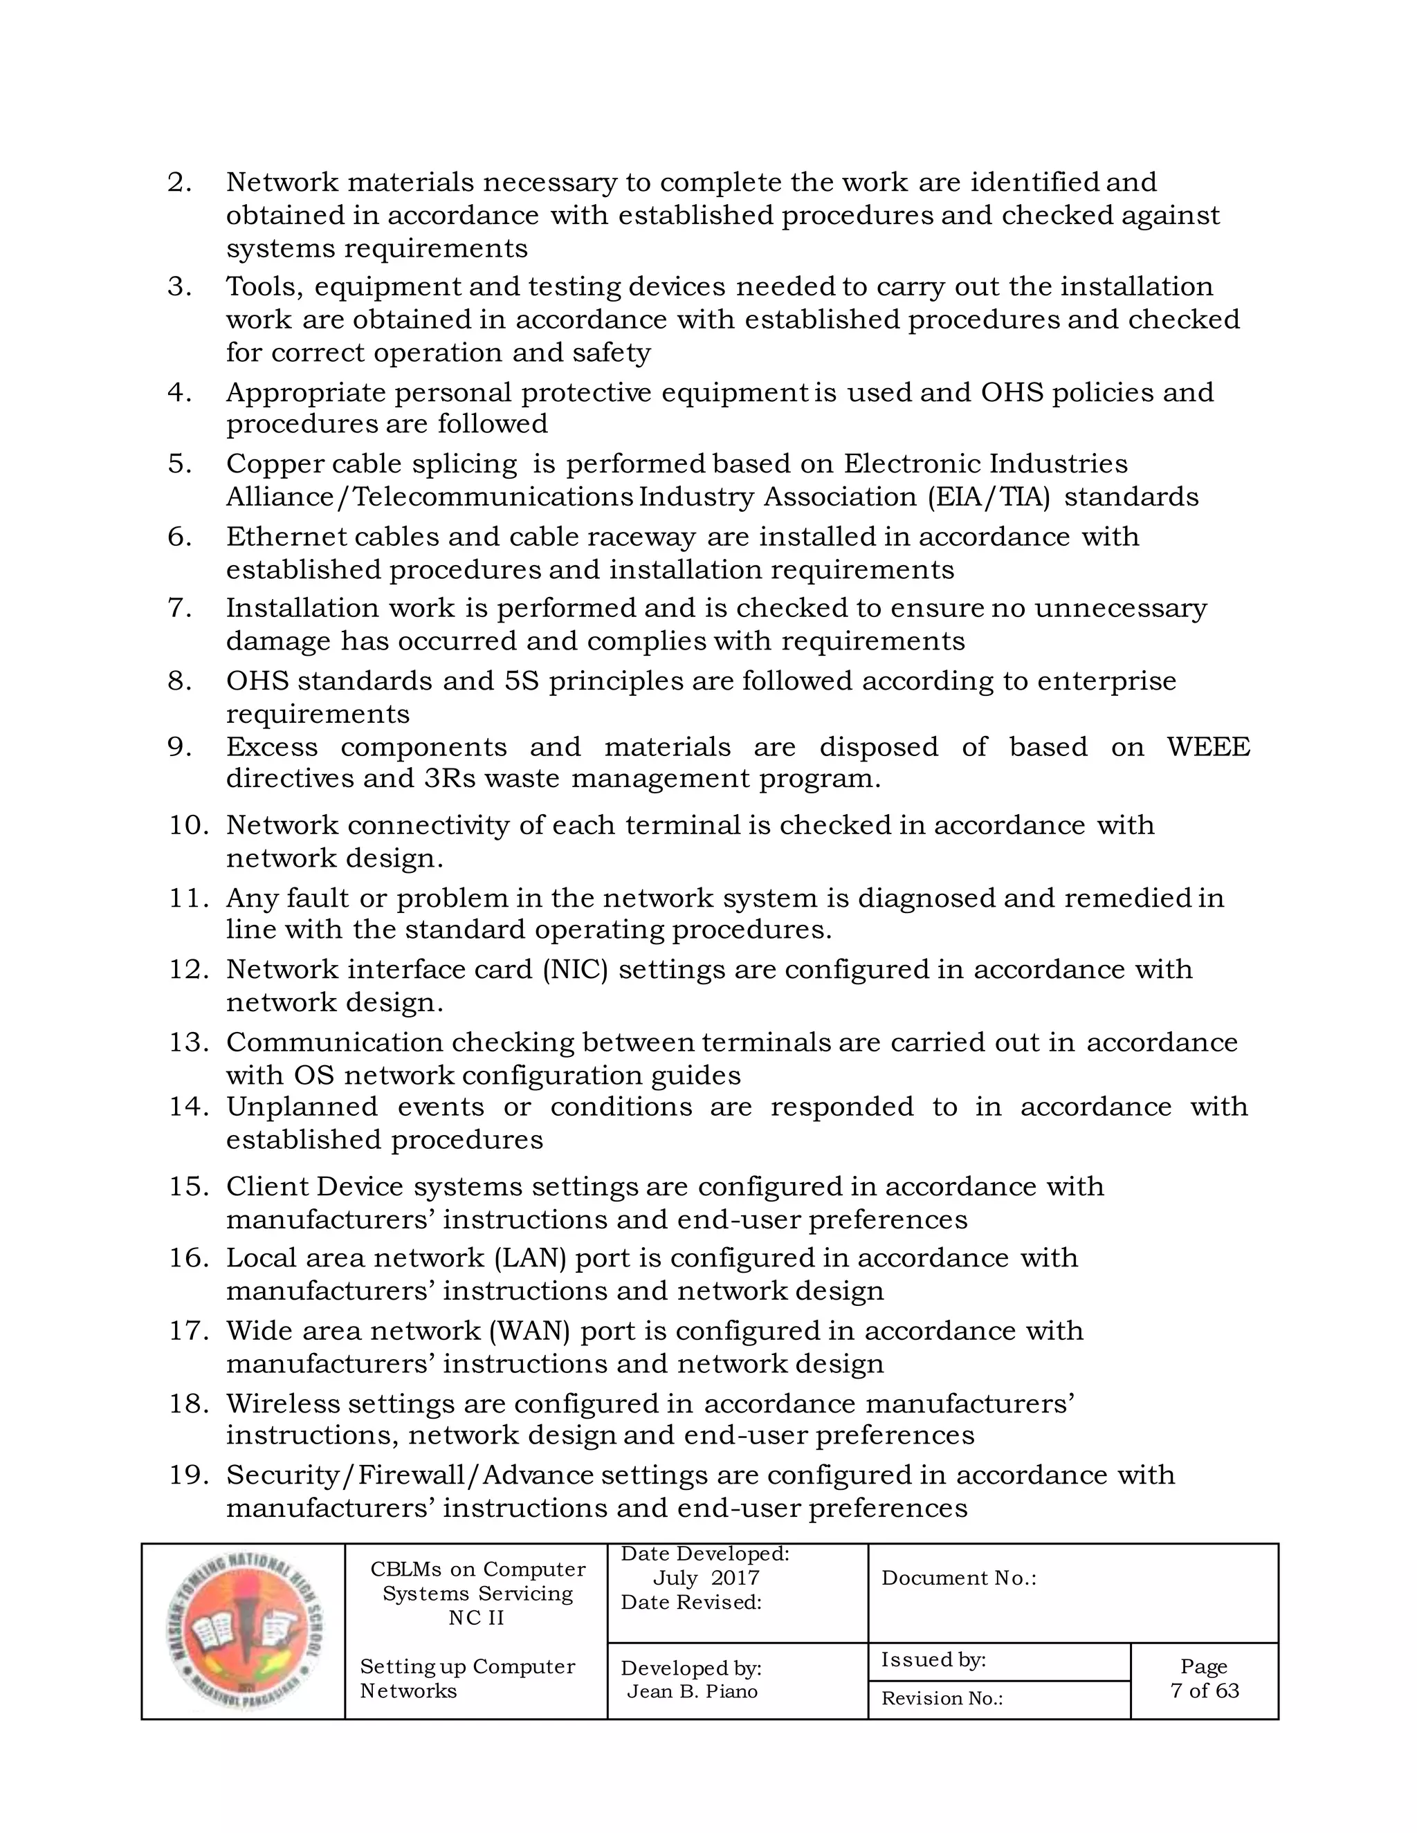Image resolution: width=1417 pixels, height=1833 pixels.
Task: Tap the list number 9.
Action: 180,746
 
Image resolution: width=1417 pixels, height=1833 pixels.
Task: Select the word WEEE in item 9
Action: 1207,746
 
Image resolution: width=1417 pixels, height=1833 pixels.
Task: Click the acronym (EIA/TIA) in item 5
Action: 989,497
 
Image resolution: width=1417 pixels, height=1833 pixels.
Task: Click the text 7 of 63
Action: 1204,1691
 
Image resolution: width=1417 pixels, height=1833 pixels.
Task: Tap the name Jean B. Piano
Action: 692,1691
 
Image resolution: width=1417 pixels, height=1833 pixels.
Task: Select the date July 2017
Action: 705,1578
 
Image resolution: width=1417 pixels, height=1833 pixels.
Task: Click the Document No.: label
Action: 958,1578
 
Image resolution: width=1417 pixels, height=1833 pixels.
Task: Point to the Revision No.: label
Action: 942,1699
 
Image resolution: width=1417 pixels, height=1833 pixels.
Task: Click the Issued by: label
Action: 933,1660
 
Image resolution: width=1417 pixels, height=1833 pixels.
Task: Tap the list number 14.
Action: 188,1107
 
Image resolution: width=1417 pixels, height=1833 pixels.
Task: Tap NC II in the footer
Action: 476,1617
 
